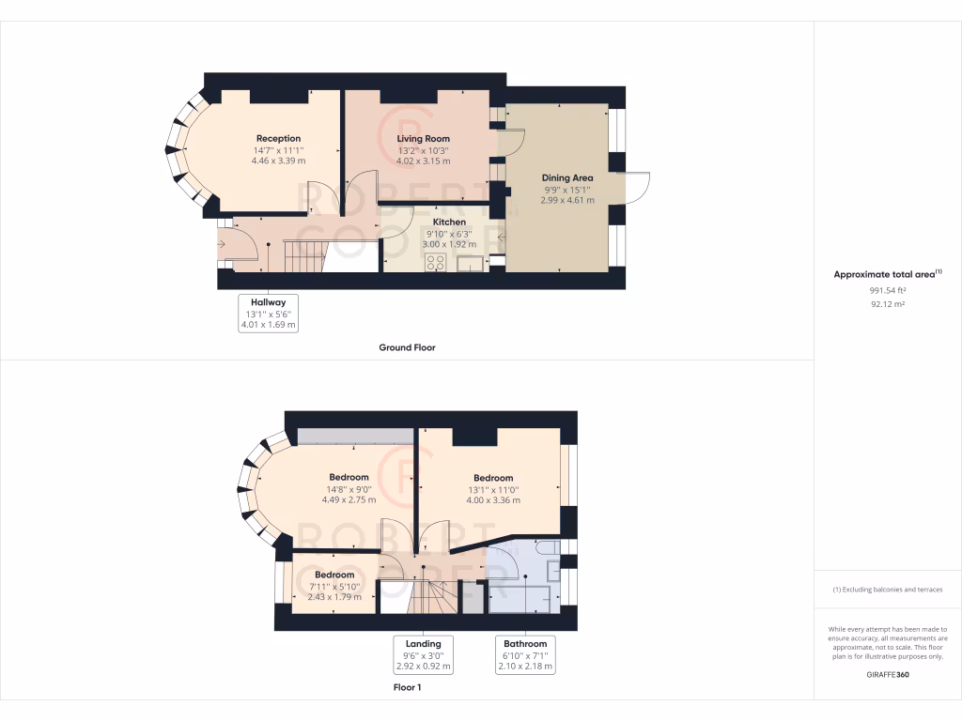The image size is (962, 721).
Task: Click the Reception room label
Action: pyautogui.click(x=278, y=139)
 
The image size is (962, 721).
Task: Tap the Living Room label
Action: pyautogui.click(x=423, y=139)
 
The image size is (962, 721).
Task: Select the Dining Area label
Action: pyautogui.click(x=566, y=177)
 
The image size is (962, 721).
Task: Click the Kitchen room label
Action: pyautogui.click(x=449, y=222)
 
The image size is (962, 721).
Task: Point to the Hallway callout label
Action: pyautogui.click(x=268, y=302)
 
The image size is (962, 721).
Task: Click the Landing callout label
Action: pyautogui.click(x=423, y=643)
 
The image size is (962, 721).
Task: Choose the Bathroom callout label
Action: pyautogui.click(x=525, y=643)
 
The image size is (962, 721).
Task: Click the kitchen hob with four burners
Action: pyautogui.click(x=435, y=263)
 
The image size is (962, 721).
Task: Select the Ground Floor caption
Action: pyautogui.click(x=407, y=347)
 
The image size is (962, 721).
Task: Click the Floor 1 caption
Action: pyautogui.click(x=407, y=687)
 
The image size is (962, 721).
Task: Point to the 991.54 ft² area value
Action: pyautogui.click(x=887, y=291)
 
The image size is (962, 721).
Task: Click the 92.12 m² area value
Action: pyautogui.click(x=887, y=304)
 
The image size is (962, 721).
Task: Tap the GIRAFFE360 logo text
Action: pyautogui.click(x=887, y=674)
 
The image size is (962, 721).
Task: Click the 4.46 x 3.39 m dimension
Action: pyautogui.click(x=278, y=161)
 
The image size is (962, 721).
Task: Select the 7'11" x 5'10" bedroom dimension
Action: pyautogui.click(x=334, y=586)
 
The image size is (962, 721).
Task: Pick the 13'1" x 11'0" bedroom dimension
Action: pyautogui.click(x=493, y=489)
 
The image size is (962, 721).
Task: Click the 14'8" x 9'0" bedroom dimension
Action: pyautogui.click(x=349, y=488)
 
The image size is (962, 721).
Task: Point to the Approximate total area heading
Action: pyautogui.click(x=887, y=274)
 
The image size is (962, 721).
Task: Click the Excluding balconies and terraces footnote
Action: pyautogui.click(x=887, y=590)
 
